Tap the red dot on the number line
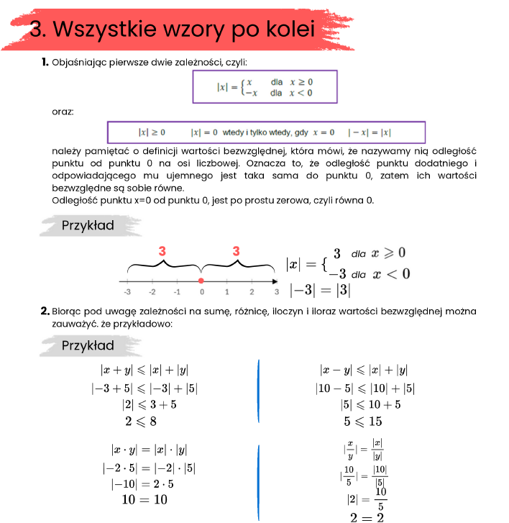pos(201,280)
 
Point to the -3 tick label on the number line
pos(127,292)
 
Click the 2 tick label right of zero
pos(252,292)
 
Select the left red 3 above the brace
pos(162,252)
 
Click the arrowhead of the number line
pos(275,280)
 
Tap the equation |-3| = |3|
pos(320,290)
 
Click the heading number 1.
pos(45,63)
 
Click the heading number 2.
pos(45,311)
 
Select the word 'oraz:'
pos(63,112)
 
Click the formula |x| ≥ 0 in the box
pos(152,132)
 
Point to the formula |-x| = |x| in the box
pos(369,132)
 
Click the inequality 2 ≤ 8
pos(141,421)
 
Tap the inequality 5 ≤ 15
pos(362,421)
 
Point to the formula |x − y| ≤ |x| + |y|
pos(363,370)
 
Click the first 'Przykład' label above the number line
pos(88,225)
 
